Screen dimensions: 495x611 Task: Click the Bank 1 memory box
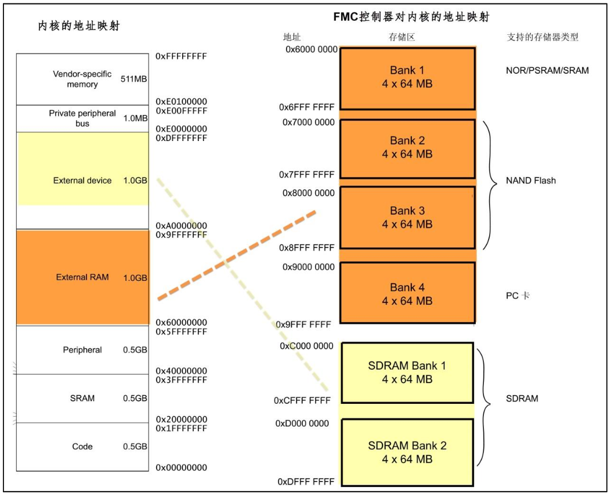click(407, 77)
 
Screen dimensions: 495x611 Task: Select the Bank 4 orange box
click(407, 293)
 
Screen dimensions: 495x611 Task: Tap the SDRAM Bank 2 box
click(407, 452)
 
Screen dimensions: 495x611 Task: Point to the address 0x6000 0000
click(312, 50)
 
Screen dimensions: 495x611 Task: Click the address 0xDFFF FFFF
click(306, 482)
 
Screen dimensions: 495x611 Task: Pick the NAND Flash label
click(530, 180)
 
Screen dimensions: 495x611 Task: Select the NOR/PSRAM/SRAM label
click(547, 71)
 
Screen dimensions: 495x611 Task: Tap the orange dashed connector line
click(237, 255)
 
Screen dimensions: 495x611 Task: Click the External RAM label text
click(82, 277)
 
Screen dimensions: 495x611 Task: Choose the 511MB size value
click(133, 79)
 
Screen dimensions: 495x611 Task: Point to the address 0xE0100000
click(181, 102)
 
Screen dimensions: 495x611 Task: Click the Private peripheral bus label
click(82, 118)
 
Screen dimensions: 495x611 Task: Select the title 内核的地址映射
click(78, 26)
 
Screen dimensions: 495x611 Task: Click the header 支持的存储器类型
click(543, 37)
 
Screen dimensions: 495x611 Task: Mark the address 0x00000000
click(181, 468)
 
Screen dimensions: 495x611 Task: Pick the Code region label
click(82, 447)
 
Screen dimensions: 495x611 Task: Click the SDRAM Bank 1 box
click(407, 373)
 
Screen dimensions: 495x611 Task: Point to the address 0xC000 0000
click(307, 346)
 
